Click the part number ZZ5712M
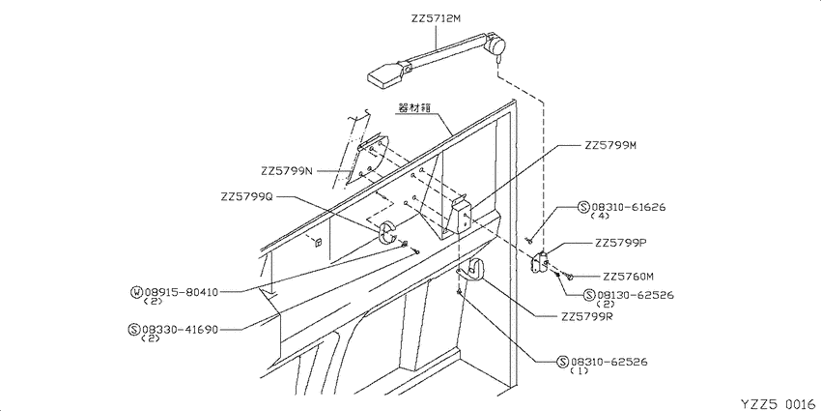click(436, 19)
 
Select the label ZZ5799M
click(610, 146)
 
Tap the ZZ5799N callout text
click(287, 171)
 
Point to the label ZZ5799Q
click(247, 197)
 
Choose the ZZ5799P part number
click(620, 244)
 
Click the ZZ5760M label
click(629, 277)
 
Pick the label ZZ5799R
click(587, 316)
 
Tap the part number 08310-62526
click(609, 362)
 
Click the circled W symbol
click(136, 292)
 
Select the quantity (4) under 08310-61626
click(598, 216)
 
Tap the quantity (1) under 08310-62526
click(579, 370)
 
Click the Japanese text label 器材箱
click(414, 109)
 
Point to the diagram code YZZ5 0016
click(779, 403)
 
